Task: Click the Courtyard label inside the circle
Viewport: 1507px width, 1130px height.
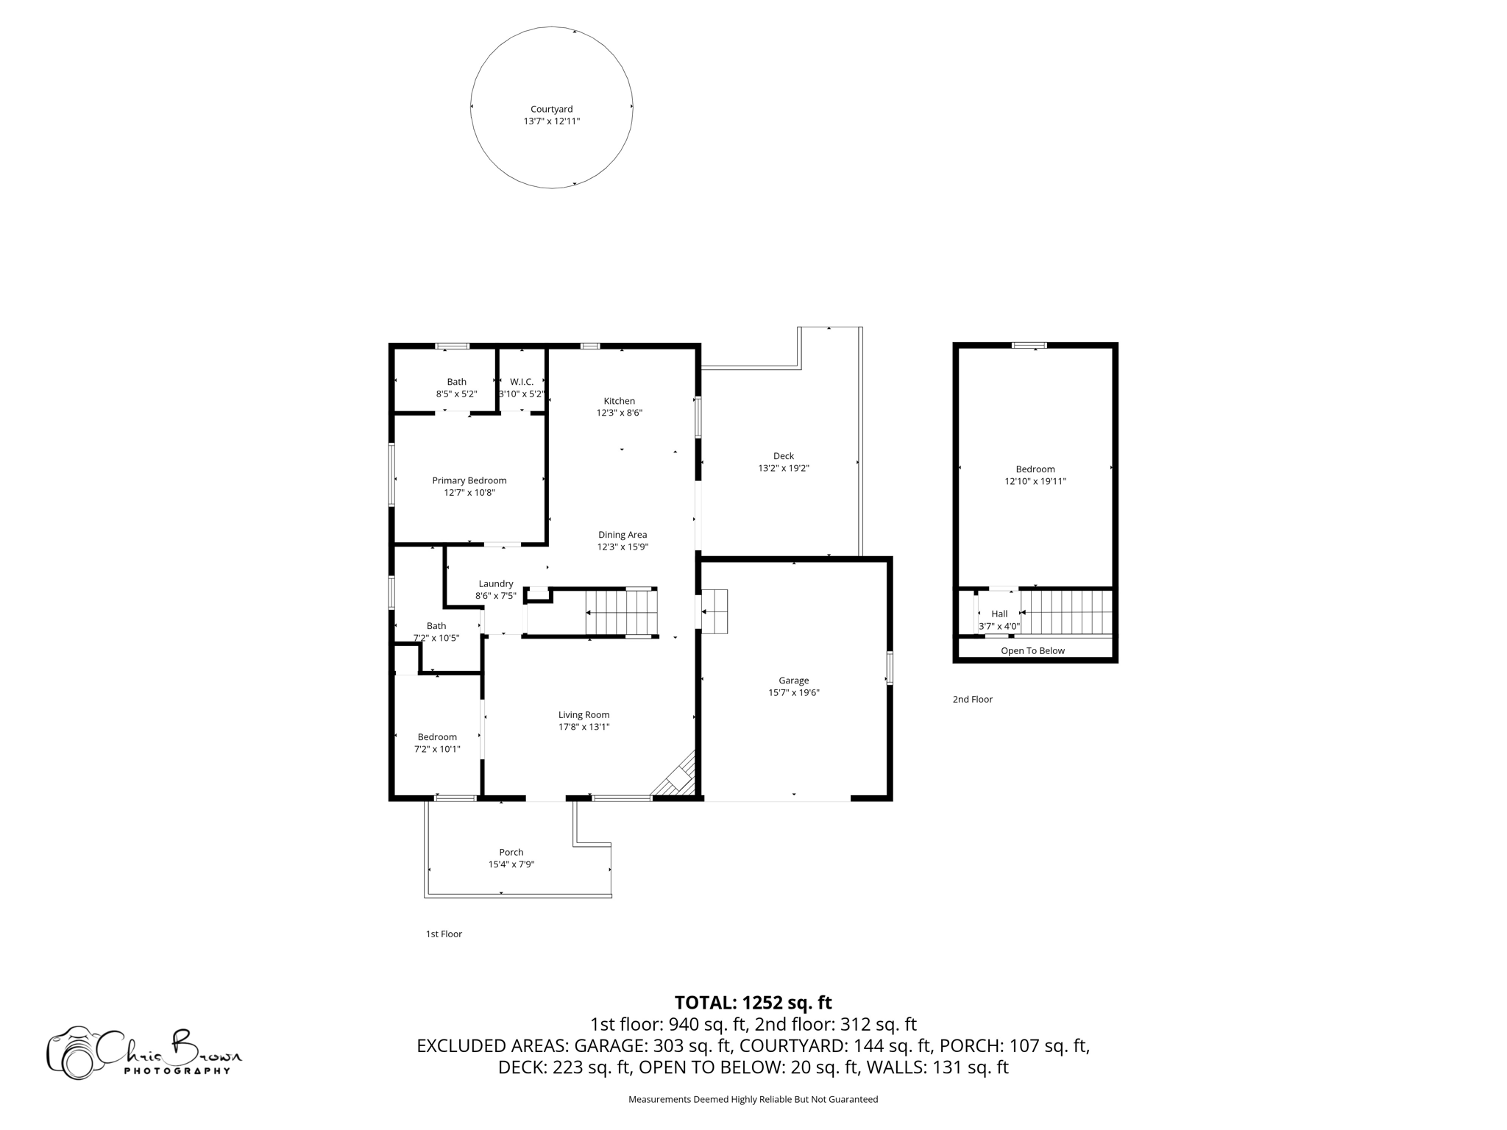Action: (x=551, y=109)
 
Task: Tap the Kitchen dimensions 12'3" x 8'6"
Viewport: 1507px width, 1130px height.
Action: (x=619, y=413)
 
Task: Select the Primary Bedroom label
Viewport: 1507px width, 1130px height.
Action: (x=469, y=480)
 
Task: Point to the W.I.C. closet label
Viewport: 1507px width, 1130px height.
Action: (x=521, y=381)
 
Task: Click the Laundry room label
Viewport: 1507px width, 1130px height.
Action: (x=495, y=583)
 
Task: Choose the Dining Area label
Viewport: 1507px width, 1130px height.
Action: (x=622, y=535)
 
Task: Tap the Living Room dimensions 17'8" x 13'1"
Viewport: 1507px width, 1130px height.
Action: (x=584, y=727)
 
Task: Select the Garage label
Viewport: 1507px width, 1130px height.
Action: (x=793, y=681)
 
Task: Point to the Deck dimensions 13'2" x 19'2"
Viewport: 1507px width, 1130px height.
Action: (x=783, y=468)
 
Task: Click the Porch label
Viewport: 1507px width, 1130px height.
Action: (x=511, y=852)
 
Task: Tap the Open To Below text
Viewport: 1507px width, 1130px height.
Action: (x=1032, y=650)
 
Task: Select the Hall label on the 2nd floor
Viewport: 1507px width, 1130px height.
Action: (x=999, y=614)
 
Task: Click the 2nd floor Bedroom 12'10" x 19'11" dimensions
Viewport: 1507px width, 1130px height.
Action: (x=1035, y=481)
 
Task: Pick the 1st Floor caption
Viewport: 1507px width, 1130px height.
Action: (x=444, y=934)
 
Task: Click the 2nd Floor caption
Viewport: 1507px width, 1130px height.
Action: (x=972, y=699)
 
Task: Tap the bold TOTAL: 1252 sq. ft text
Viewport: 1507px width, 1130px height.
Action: (x=753, y=1003)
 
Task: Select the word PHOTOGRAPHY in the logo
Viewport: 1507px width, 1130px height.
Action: (x=177, y=1070)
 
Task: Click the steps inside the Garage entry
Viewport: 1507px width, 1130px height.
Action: (x=715, y=611)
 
